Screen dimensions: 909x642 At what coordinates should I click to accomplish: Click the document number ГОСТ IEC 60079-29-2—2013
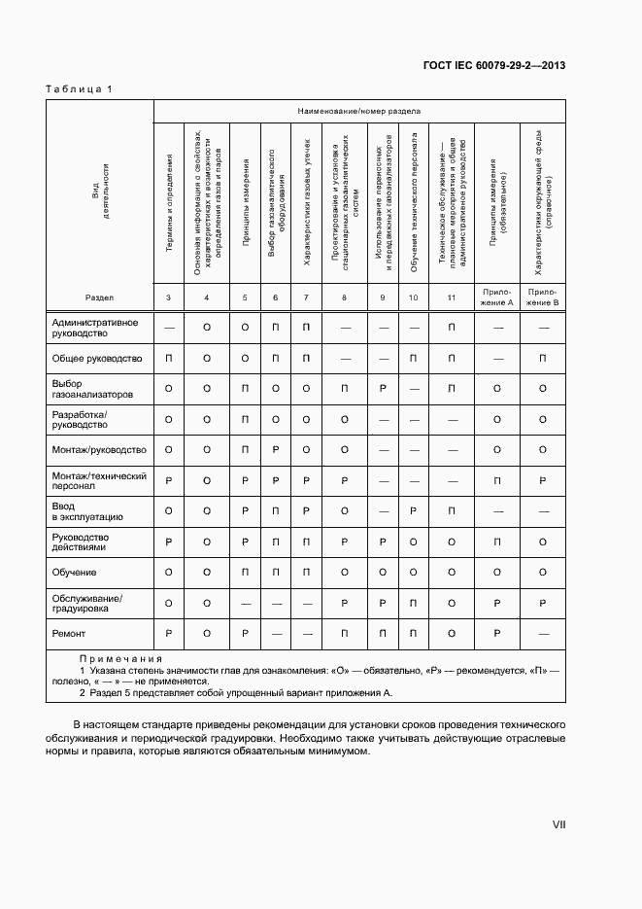coord(494,65)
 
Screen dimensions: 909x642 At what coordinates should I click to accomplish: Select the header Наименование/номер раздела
coord(359,113)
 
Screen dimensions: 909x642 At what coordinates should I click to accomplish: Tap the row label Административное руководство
coord(94,328)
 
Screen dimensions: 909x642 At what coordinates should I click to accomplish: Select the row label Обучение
coord(74,573)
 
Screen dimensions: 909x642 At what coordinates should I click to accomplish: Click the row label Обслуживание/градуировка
coord(87,603)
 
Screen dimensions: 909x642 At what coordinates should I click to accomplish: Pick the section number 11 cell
coord(452,297)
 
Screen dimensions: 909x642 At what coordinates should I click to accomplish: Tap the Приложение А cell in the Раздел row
coord(497,297)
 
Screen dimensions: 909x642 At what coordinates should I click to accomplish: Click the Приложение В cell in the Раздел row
coord(543,297)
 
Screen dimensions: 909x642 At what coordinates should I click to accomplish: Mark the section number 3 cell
coord(169,297)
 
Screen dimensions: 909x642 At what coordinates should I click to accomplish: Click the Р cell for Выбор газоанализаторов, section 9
coord(384,389)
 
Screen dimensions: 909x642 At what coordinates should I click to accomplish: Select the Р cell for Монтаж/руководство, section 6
coord(276,450)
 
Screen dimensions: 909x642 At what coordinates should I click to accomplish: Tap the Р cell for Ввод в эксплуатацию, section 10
coord(414,511)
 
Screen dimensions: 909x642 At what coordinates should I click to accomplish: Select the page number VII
coord(558,824)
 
